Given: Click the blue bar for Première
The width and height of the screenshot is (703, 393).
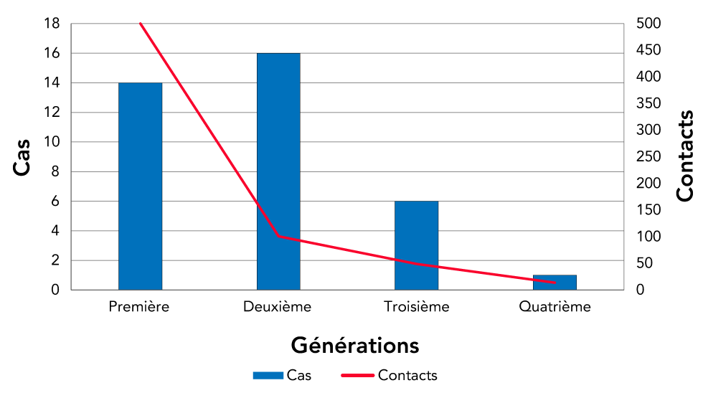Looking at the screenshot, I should click(140, 186).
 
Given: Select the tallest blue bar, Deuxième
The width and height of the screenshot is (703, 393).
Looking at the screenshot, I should click(278, 171).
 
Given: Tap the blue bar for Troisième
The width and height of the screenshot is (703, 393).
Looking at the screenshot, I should click(417, 245).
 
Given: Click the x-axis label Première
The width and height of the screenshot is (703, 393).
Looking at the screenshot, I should click(139, 307).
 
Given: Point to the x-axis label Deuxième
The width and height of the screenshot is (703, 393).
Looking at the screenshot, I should click(278, 307).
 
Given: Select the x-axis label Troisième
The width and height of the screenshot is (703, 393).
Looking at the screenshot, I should click(417, 307).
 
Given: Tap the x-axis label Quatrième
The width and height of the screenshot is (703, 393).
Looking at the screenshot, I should click(555, 307).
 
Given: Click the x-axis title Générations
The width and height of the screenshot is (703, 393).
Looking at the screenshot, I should click(354, 345).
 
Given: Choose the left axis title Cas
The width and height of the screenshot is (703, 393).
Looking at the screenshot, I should click(23, 157).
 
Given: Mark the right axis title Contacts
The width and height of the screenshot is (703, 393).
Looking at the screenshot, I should click(685, 156).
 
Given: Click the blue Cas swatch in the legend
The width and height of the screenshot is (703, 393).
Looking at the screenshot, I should click(268, 375).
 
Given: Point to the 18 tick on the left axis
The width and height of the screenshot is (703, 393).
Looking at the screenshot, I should click(51, 24).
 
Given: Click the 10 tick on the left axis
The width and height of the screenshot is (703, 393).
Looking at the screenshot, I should click(51, 142).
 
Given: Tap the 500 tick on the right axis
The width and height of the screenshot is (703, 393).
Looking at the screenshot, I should click(648, 24).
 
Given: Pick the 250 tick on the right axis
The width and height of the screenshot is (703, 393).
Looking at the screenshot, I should click(648, 156).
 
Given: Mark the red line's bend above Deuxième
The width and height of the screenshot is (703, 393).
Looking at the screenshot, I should click(278, 236).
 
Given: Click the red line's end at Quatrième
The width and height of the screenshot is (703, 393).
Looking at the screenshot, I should click(555, 283).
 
